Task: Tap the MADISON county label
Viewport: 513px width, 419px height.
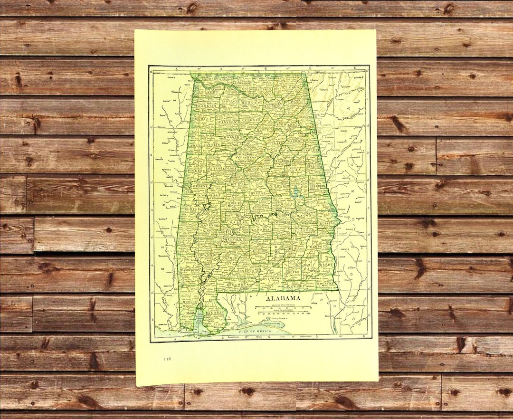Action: coord(265,89)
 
